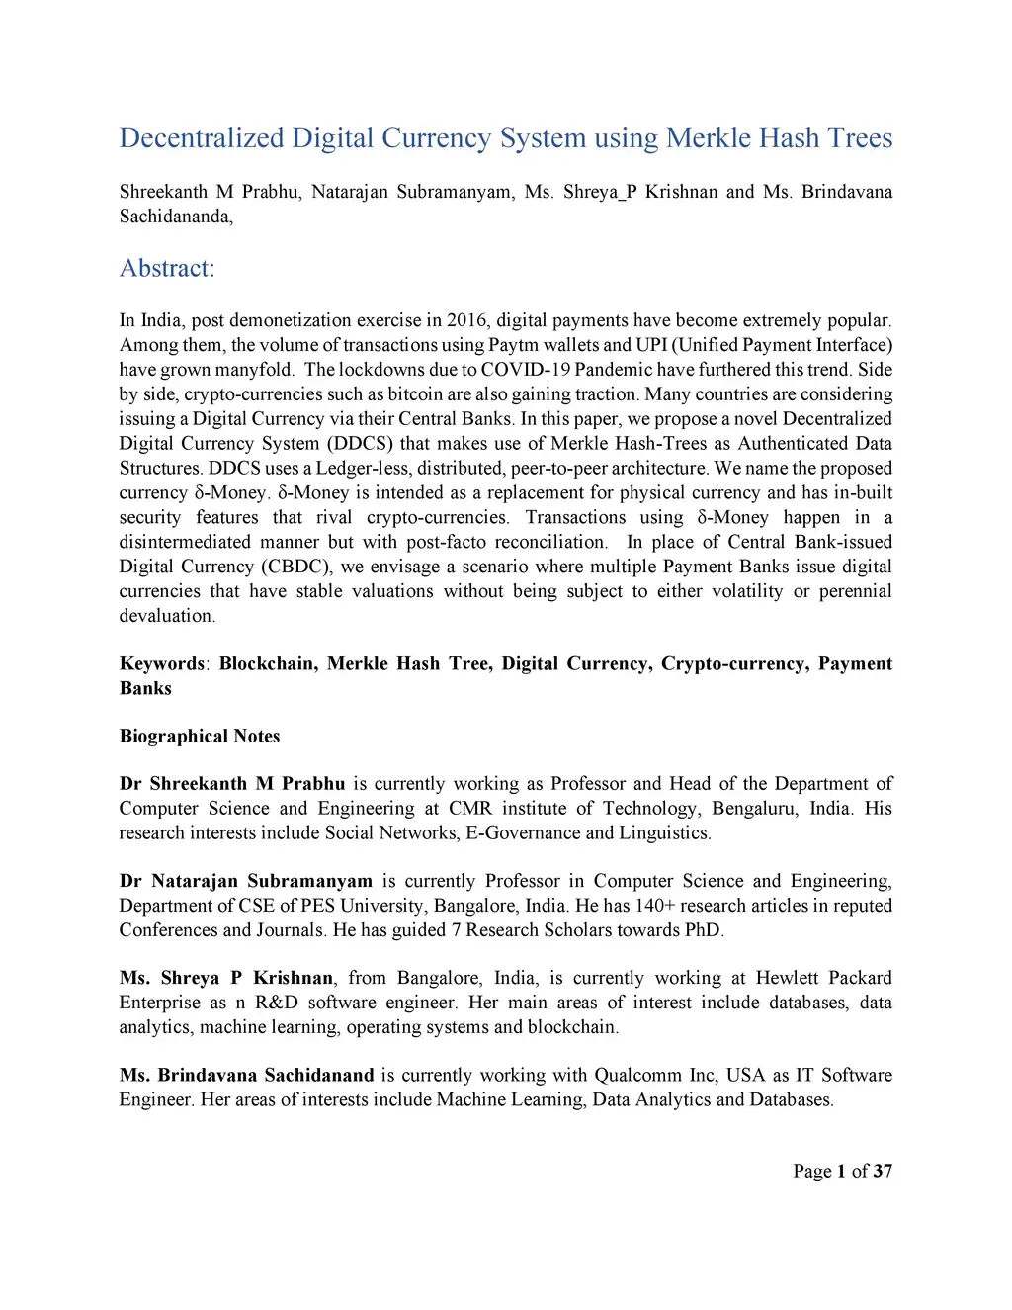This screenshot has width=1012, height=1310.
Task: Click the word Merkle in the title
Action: pyautogui.click(x=709, y=137)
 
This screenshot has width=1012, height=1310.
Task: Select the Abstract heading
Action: pyautogui.click(x=166, y=268)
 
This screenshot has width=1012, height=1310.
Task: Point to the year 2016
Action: pyautogui.click(x=466, y=320)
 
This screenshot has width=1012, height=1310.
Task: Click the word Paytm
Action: pyautogui.click(x=512, y=345)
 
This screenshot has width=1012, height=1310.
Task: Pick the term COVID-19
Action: pyautogui.click(x=525, y=370)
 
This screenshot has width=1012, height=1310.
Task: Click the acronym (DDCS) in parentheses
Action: pyautogui.click(x=360, y=444)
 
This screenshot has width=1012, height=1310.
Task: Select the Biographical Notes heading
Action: pyautogui.click(x=200, y=736)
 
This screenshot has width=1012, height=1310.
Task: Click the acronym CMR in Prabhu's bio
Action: pyautogui.click(x=469, y=809)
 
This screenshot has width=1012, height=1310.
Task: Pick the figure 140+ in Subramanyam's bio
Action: pyautogui.click(x=653, y=906)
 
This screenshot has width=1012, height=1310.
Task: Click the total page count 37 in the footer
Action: pyautogui.click(x=883, y=1171)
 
